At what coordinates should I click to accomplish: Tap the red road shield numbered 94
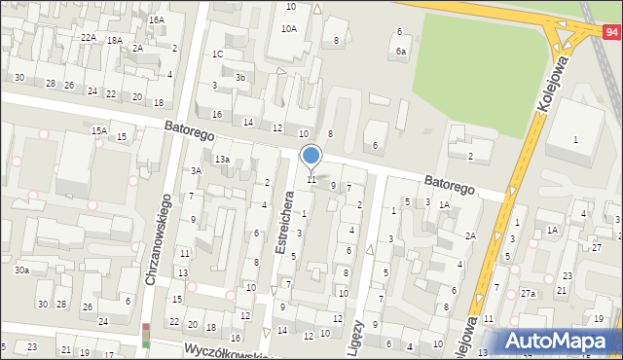(x=610, y=32)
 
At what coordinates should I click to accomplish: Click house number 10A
(x=289, y=29)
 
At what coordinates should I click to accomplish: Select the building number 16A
(x=156, y=19)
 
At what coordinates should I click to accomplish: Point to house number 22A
(x=89, y=37)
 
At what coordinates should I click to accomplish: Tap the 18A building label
(x=114, y=40)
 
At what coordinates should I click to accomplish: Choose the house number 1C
(x=218, y=54)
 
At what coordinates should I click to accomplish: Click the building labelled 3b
(x=240, y=77)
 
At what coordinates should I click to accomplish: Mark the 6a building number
(x=401, y=51)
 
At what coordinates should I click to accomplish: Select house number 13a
(x=222, y=159)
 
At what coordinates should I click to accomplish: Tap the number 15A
(x=98, y=130)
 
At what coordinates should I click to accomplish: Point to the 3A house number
(x=196, y=170)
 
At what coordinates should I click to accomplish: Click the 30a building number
(x=21, y=270)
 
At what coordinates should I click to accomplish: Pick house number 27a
(x=528, y=293)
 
